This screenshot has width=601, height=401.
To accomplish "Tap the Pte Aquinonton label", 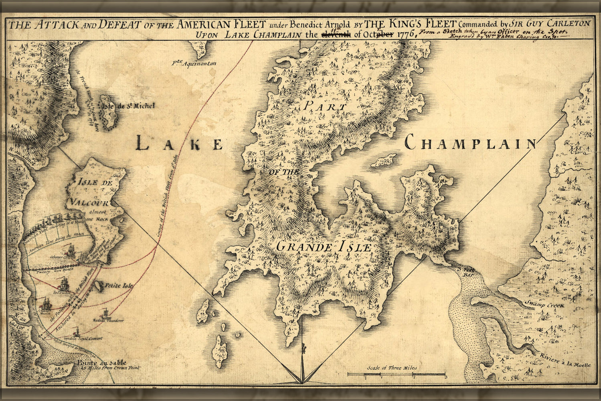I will coord(194,63).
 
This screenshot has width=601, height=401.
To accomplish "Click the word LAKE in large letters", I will coord(179,143).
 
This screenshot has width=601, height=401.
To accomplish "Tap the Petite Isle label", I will coord(119,286).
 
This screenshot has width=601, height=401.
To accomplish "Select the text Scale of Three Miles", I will coord(392,368).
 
